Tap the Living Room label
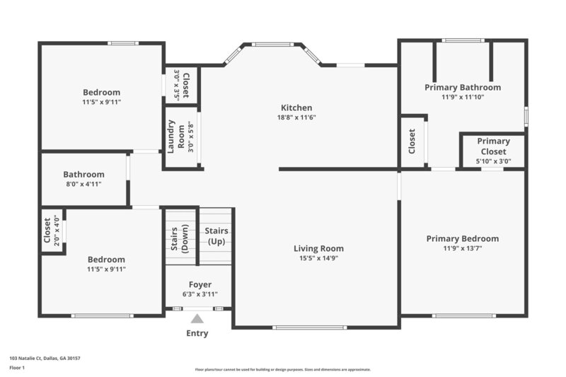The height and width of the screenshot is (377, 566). point(319,248)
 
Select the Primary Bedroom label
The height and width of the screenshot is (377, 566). point(462,239)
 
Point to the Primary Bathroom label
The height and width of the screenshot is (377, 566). point(463,88)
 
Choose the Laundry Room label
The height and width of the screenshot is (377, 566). point(175,137)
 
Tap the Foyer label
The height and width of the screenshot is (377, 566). point(200,284)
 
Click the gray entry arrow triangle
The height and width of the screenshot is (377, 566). point(197,318)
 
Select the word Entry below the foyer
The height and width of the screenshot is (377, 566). point(197,333)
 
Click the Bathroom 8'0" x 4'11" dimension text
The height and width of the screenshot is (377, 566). point(83,185)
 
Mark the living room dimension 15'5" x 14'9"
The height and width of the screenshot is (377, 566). point(319,258)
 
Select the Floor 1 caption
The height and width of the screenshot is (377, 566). point(17,368)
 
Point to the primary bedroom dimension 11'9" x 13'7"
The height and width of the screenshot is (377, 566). point(462,249)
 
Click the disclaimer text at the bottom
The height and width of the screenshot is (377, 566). point(282,369)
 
